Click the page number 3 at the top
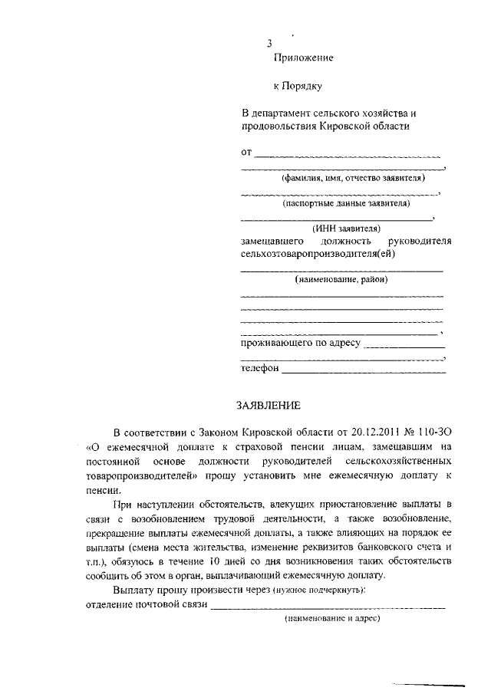click(x=269, y=42)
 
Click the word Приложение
click(x=303, y=58)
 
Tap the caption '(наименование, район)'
click(x=341, y=279)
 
